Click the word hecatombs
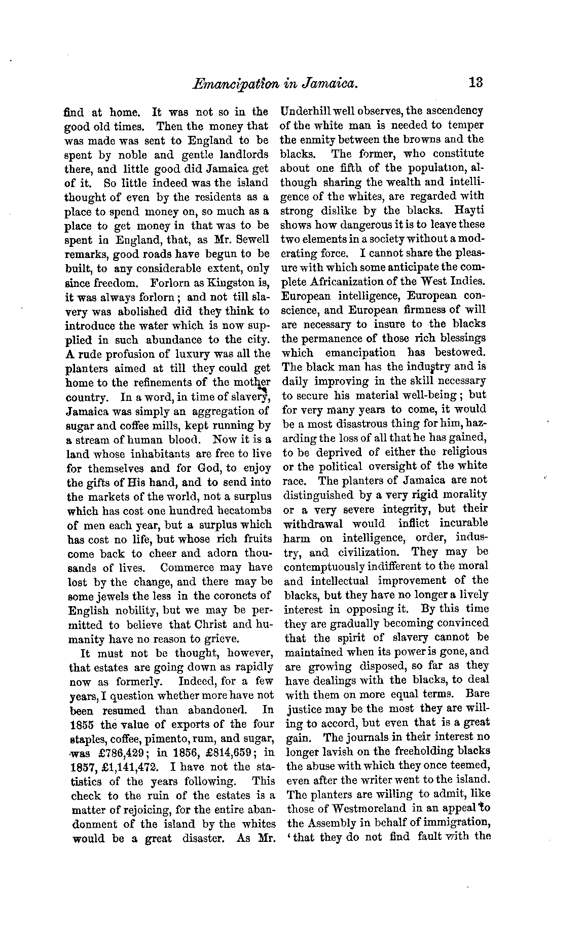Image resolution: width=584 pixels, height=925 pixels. (x=243, y=510)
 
